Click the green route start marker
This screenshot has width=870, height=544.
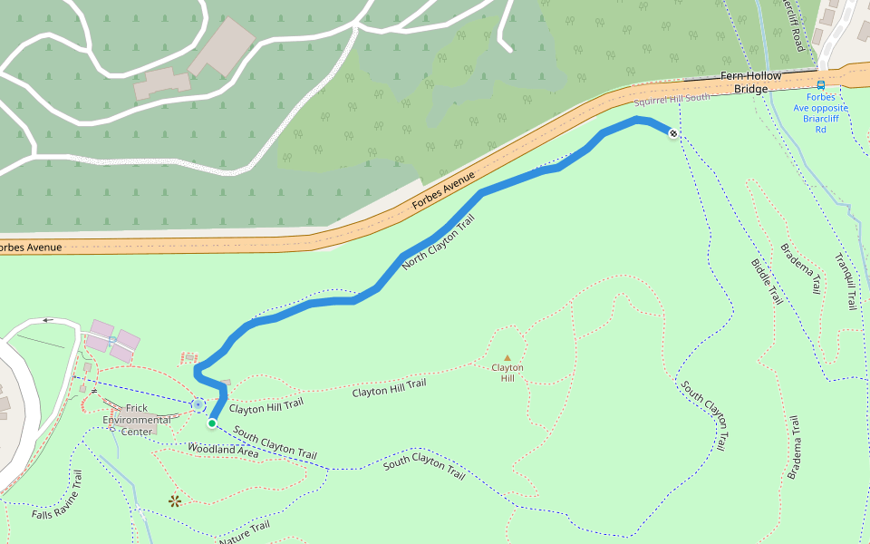coord(211,423)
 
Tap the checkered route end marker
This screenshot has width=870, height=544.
coord(672,134)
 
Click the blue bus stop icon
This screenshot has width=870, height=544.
coord(821,85)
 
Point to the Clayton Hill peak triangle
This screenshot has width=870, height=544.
coord(507,357)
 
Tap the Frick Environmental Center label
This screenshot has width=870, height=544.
coord(137,420)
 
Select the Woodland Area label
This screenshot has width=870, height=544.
coord(223,450)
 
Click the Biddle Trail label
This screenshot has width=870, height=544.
coord(767,281)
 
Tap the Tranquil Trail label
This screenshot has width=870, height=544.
coord(845,281)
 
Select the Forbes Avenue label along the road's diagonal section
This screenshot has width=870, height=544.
coord(444,191)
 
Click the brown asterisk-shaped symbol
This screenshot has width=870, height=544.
coord(175,500)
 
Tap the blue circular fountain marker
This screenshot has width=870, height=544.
coord(198,404)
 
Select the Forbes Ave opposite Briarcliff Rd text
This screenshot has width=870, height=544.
coord(821,112)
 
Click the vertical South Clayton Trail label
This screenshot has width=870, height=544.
coord(705,418)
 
